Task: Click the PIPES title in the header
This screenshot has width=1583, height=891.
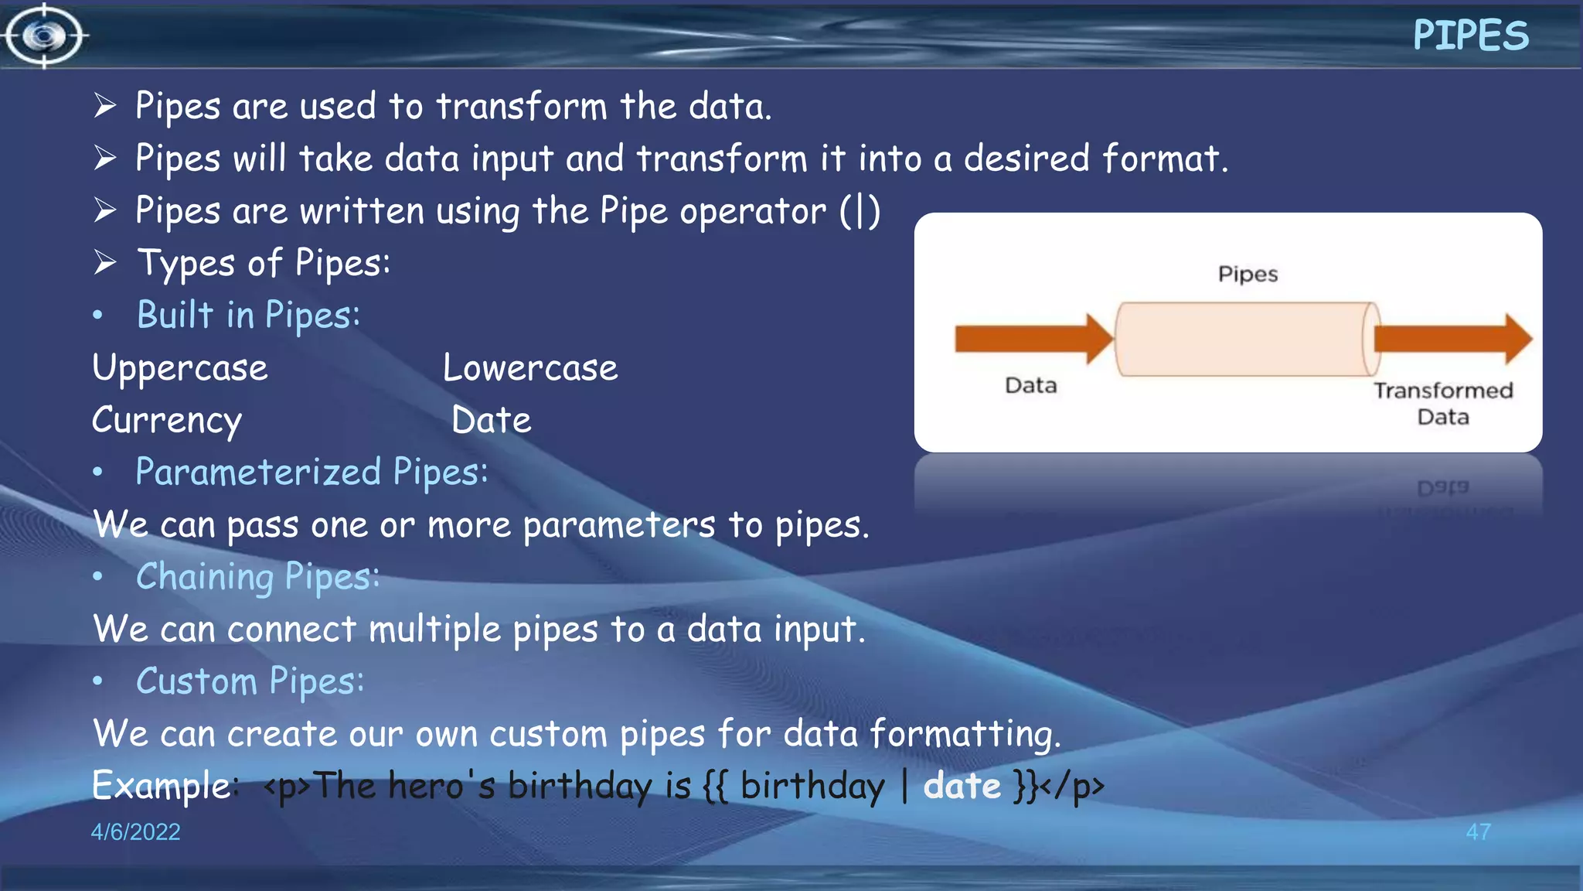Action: (1470, 36)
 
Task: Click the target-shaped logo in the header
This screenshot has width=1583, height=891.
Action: (44, 36)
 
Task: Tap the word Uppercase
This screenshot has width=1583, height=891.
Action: (180, 368)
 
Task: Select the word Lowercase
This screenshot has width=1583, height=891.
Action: (530, 368)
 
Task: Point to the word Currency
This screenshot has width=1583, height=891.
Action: (167, 421)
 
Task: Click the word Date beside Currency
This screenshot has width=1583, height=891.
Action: (492, 421)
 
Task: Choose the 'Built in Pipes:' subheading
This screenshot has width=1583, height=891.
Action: (248, 316)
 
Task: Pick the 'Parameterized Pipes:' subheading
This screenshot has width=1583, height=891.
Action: (311, 473)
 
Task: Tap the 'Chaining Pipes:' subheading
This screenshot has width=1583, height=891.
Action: (258, 577)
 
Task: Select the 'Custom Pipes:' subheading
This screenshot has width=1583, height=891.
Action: (250, 681)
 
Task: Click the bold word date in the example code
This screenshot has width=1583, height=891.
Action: (962, 786)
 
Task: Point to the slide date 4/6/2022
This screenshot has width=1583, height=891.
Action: (135, 831)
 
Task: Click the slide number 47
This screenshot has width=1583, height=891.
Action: (1478, 831)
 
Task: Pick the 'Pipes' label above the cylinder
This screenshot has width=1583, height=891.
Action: (1248, 274)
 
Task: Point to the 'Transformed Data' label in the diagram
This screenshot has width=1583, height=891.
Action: (1443, 403)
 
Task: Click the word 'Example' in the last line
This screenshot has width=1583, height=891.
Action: (161, 786)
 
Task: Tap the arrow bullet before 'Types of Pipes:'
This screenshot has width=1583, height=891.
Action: (105, 262)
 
